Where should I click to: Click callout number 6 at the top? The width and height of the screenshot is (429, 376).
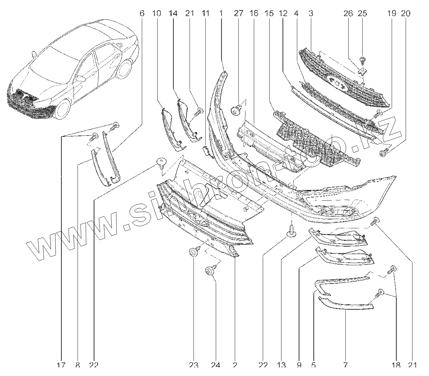(x=141, y=14)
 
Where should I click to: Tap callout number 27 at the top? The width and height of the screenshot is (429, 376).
(x=238, y=14)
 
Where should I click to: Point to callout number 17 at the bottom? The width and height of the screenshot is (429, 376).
(x=61, y=366)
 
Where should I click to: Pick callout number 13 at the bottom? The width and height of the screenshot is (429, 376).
(x=281, y=366)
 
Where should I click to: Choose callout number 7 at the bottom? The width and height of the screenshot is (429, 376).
(x=345, y=366)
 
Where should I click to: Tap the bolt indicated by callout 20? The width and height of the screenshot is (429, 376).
(x=383, y=154)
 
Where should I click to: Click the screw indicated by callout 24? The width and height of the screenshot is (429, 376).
(x=210, y=270)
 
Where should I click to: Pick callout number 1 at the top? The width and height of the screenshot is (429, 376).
(x=221, y=14)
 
